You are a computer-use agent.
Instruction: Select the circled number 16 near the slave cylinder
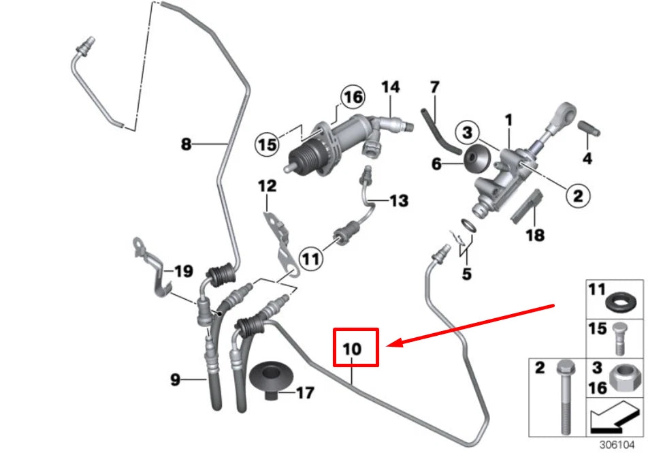point(353,97)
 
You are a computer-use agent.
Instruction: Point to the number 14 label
point(391,87)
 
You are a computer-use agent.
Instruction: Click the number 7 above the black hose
point(435,87)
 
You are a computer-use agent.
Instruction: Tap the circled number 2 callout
point(577,196)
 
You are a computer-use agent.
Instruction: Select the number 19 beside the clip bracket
point(183,272)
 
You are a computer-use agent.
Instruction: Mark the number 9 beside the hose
point(176,379)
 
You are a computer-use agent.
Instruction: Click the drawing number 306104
point(617,443)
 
